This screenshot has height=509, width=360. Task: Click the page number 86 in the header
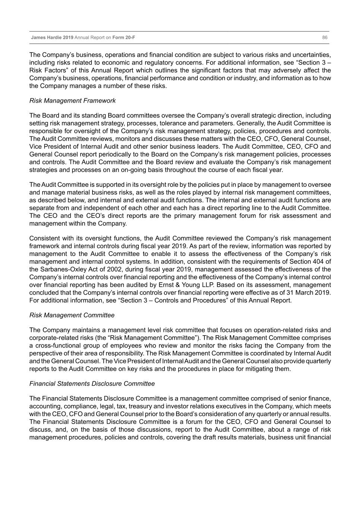325,38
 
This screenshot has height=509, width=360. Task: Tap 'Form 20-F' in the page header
123,38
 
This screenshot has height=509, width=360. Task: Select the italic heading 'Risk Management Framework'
72,101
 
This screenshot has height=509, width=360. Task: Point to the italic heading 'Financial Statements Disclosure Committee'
92,384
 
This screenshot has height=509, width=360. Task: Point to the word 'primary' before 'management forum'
185,216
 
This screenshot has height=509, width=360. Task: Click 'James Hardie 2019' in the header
52,38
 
